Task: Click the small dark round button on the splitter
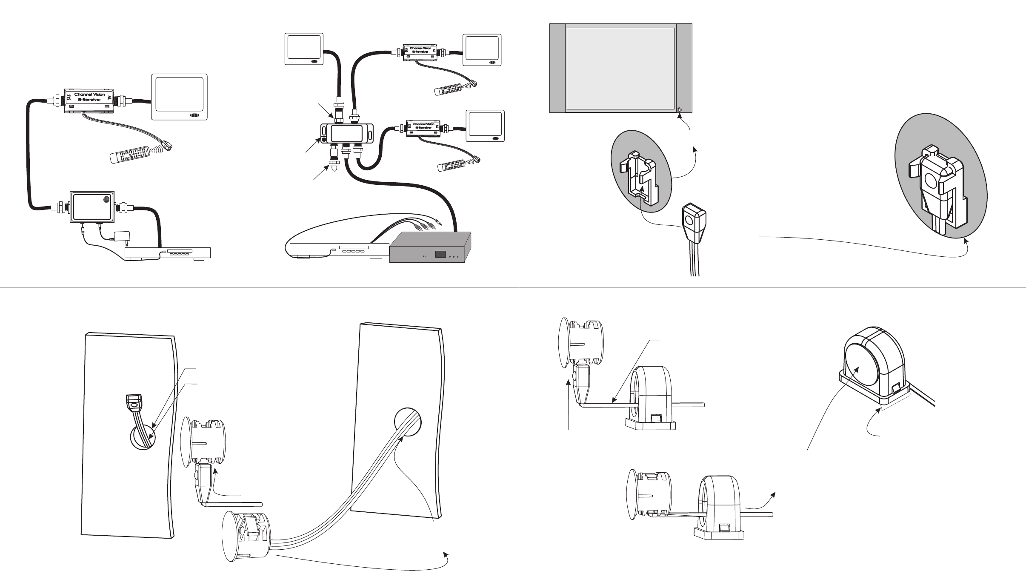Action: tap(324, 139)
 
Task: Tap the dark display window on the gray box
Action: tap(440, 254)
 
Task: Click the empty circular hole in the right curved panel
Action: tap(408, 422)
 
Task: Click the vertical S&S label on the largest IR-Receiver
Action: tap(68, 98)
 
